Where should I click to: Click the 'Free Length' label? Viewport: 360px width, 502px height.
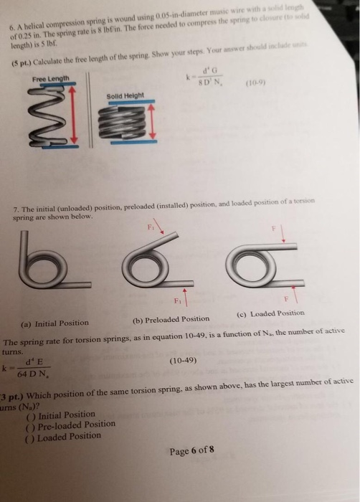49,80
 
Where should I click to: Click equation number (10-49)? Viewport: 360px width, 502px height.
183,362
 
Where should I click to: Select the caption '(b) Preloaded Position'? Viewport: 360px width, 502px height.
171,318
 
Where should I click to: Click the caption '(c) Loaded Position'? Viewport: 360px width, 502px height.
270,313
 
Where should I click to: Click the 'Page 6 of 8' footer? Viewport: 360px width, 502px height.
191,453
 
